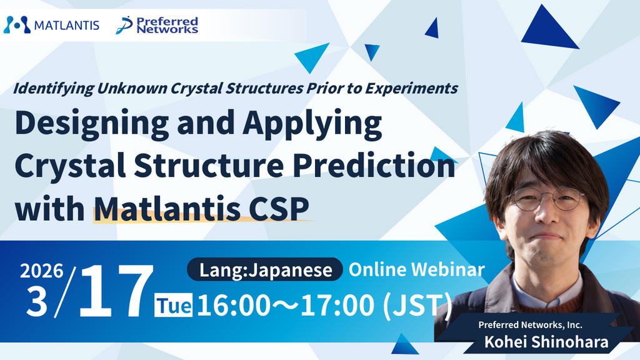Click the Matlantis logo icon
coord(17,25)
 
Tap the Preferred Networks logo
coord(157,25)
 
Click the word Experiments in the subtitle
coord(411,88)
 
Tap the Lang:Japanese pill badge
coord(265,269)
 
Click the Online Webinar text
coord(417,269)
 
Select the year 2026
coord(42,271)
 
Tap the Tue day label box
coord(174,305)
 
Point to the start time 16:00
coord(234,305)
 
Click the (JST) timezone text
coord(417,305)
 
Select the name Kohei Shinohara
coord(546,342)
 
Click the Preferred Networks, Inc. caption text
coord(530,325)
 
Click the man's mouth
coord(546,236)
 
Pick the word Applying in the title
coord(312,123)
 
